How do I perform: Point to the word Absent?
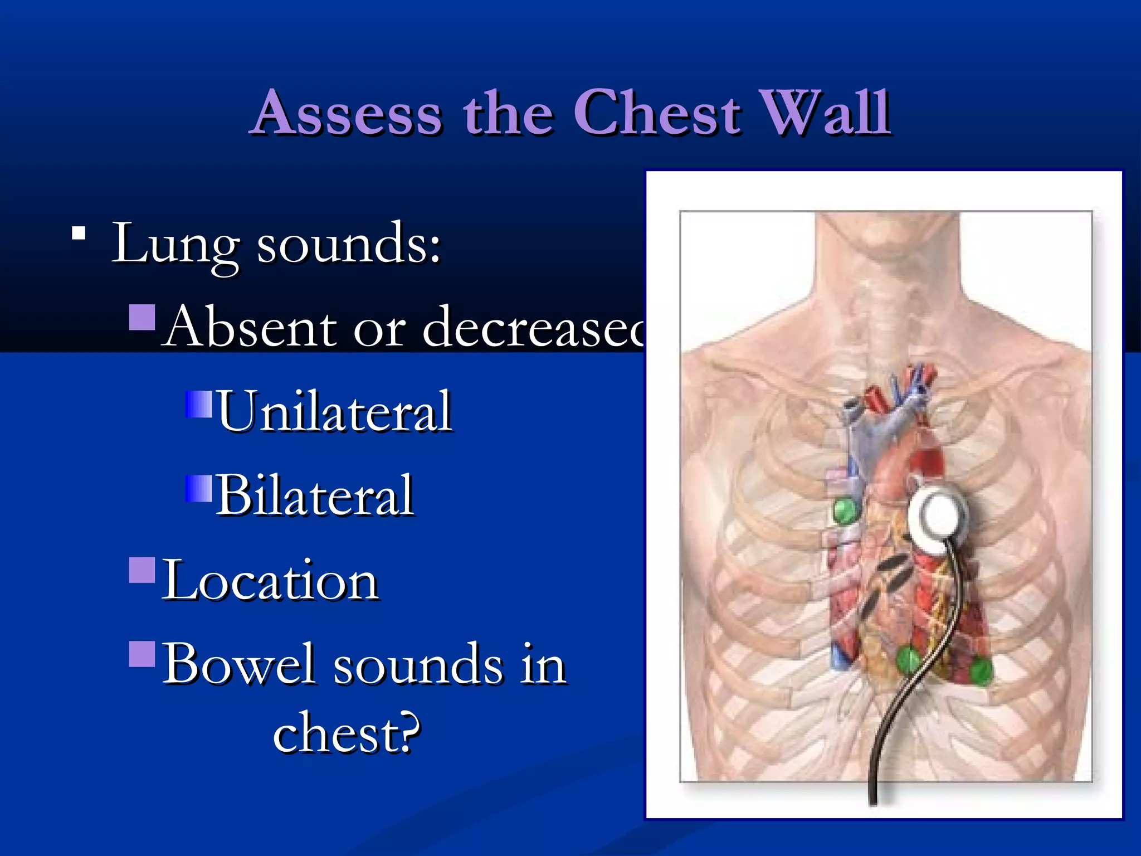click(251, 327)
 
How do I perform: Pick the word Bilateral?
click(315, 495)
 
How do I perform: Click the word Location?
click(271, 581)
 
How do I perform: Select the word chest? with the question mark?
click(346, 733)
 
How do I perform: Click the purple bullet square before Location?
click(142, 570)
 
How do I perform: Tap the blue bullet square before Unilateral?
click(199, 404)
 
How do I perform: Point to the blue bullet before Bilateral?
click(199, 489)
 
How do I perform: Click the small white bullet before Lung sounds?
click(79, 234)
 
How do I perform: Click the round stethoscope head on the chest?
click(939, 515)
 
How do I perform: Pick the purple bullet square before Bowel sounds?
click(142, 654)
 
